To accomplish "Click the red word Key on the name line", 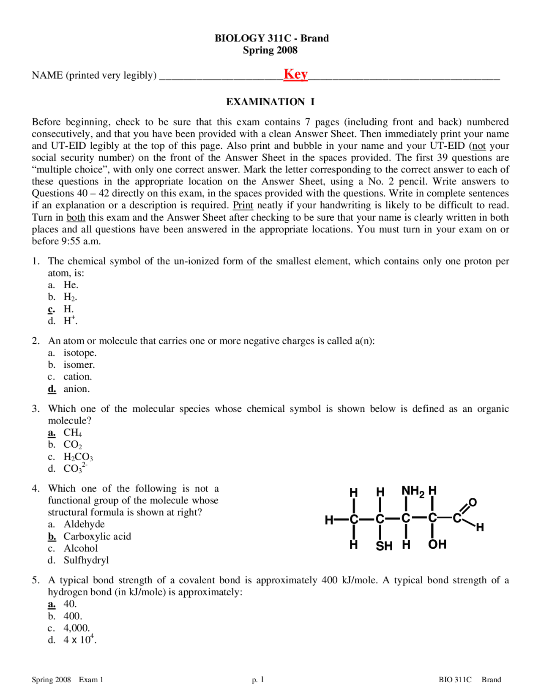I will click(x=295, y=74).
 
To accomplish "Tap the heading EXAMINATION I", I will click(x=270, y=102).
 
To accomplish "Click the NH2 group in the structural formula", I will click(x=413, y=491).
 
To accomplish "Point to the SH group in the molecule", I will click(x=384, y=546).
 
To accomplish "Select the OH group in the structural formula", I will click(x=437, y=544).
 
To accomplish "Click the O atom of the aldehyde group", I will click(x=473, y=502).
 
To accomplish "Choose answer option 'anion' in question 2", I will click(x=77, y=389).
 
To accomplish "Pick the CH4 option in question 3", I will click(x=73, y=432).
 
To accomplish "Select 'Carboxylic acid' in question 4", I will click(x=97, y=536).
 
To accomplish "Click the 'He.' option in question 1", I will click(x=71, y=285).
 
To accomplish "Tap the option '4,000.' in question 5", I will click(x=77, y=628).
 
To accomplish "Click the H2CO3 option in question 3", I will click(x=78, y=457).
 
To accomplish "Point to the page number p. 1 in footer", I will click(x=258, y=680).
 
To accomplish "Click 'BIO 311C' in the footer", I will click(x=455, y=680).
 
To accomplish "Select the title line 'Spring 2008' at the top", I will click(x=270, y=50).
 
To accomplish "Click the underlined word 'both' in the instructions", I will click(x=76, y=217).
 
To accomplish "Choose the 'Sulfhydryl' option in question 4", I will click(x=86, y=560).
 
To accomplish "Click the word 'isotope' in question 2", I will click(x=79, y=353).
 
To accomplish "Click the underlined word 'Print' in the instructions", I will click(x=243, y=205).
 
